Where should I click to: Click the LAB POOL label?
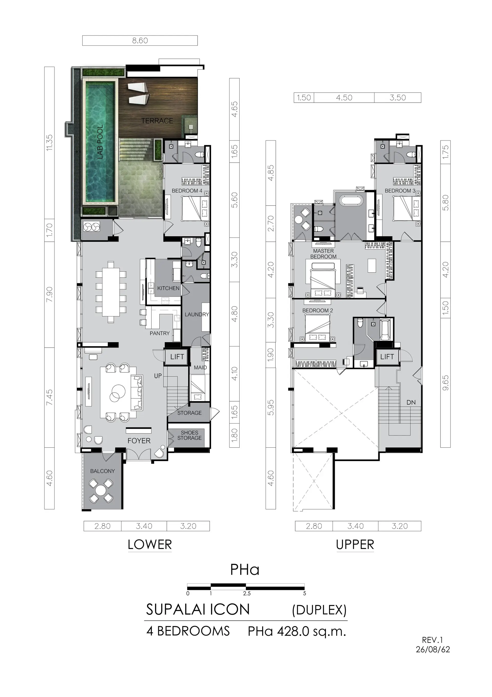click(x=100, y=142)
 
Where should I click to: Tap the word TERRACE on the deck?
click(x=157, y=121)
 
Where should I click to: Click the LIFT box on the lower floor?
click(x=177, y=357)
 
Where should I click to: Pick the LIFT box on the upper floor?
click(x=387, y=357)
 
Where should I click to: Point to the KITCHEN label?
click(x=168, y=288)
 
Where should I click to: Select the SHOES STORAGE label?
click(x=189, y=435)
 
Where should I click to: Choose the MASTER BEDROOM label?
click(x=323, y=254)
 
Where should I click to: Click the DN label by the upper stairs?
click(x=411, y=403)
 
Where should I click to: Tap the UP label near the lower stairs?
click(x=158, y=376)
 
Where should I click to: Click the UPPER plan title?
click(x=355, y=545)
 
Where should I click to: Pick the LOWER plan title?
click(x=150, y=545)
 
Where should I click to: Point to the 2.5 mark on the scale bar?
click(x=247, y=593)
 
